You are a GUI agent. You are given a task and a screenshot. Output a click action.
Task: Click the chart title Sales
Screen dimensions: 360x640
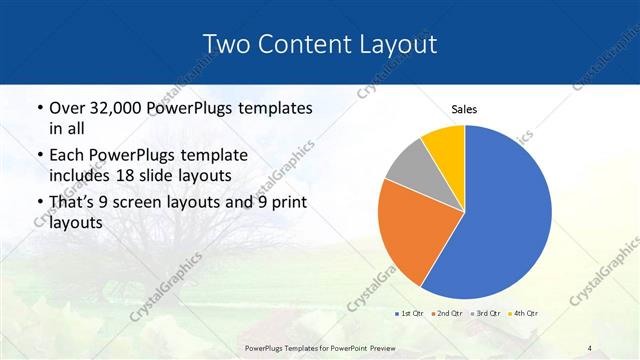click(x=464, y=109)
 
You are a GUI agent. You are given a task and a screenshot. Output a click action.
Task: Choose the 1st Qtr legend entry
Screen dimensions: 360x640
click(x=410, y=314)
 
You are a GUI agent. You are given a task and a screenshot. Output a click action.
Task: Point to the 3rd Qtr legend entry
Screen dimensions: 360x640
click(x=487, y=314)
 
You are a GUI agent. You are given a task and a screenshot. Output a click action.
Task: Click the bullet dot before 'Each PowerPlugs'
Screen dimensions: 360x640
click(x=39, y=156)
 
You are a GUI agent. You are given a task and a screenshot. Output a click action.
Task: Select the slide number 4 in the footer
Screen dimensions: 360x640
click(x=589, y=347)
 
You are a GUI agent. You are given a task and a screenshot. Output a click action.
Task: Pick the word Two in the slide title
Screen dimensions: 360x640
click(x=226, y=43)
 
